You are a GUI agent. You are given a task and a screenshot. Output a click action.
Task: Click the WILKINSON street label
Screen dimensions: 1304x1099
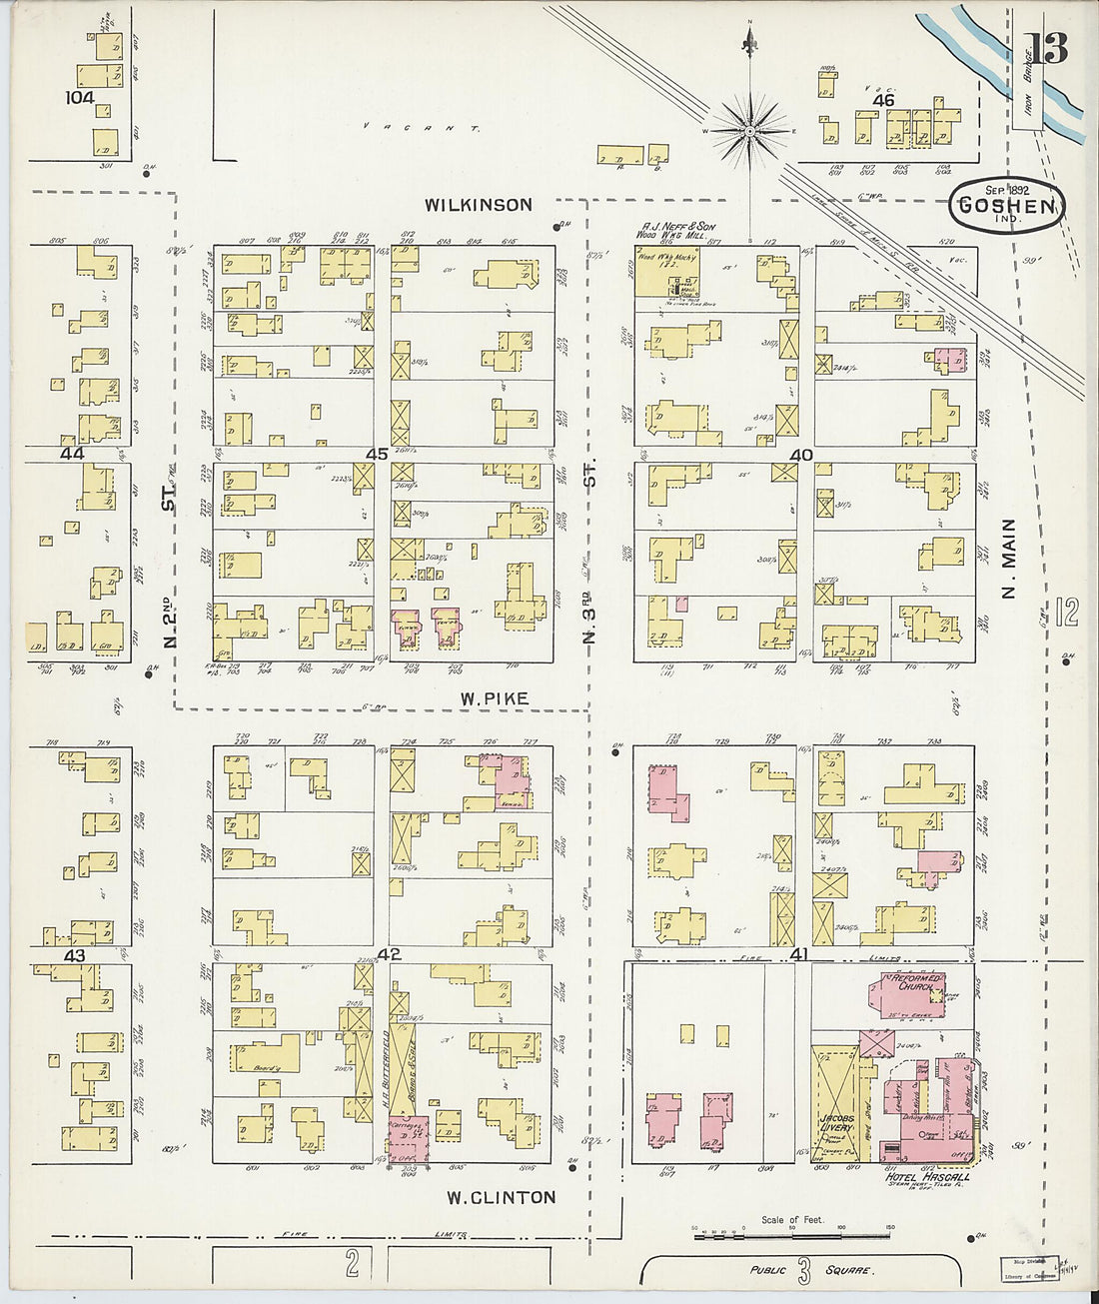pyautogui.click(x=478, y=205)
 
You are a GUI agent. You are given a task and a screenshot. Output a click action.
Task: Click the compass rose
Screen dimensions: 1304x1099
pyautogui.click(x=748, y=131)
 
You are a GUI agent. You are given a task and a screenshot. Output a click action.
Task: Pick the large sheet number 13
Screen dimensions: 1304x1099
pyautogui.click(x=1046, y=47)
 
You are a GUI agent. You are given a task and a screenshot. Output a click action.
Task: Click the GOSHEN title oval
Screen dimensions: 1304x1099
pyautogui.click(x=1006, y=205)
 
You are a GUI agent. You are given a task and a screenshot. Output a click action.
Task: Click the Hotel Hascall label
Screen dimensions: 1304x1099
pyautogui.click(x=928, y=1178)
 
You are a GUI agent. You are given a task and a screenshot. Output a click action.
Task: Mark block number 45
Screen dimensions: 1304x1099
pyautogui.click(x=376, y=455)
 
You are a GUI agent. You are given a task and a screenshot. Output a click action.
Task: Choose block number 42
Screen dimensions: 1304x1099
pyautogui.click(x=389, y=955)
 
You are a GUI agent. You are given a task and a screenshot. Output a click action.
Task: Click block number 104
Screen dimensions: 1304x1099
pyautogui.click(x=79, y=98)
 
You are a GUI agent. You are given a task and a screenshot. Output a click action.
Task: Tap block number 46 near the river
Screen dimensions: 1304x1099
pyautogui.click(x=882, y=101)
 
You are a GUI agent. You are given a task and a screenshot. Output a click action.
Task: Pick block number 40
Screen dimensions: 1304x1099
pyautogui.click(x=801, y=455)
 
